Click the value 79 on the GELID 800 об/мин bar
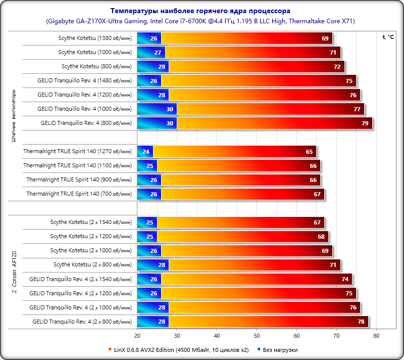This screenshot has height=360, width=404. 365,123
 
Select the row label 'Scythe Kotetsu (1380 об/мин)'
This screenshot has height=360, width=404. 95,38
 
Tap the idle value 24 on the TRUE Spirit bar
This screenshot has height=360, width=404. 146,151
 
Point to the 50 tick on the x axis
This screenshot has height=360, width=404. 257,335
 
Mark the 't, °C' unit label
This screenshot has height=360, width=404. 388,37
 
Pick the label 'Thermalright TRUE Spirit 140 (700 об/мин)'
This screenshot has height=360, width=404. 79,194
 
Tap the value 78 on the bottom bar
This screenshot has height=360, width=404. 361,321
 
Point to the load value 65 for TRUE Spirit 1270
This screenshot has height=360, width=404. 309,151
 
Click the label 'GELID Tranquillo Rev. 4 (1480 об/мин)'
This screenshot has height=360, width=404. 84,80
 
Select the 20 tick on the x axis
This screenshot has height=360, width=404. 137,335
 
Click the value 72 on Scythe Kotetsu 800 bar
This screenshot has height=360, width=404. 337,66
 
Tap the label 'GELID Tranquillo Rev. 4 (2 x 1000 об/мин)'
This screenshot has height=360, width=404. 80,307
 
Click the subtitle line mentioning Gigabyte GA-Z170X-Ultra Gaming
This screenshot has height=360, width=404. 200,21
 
